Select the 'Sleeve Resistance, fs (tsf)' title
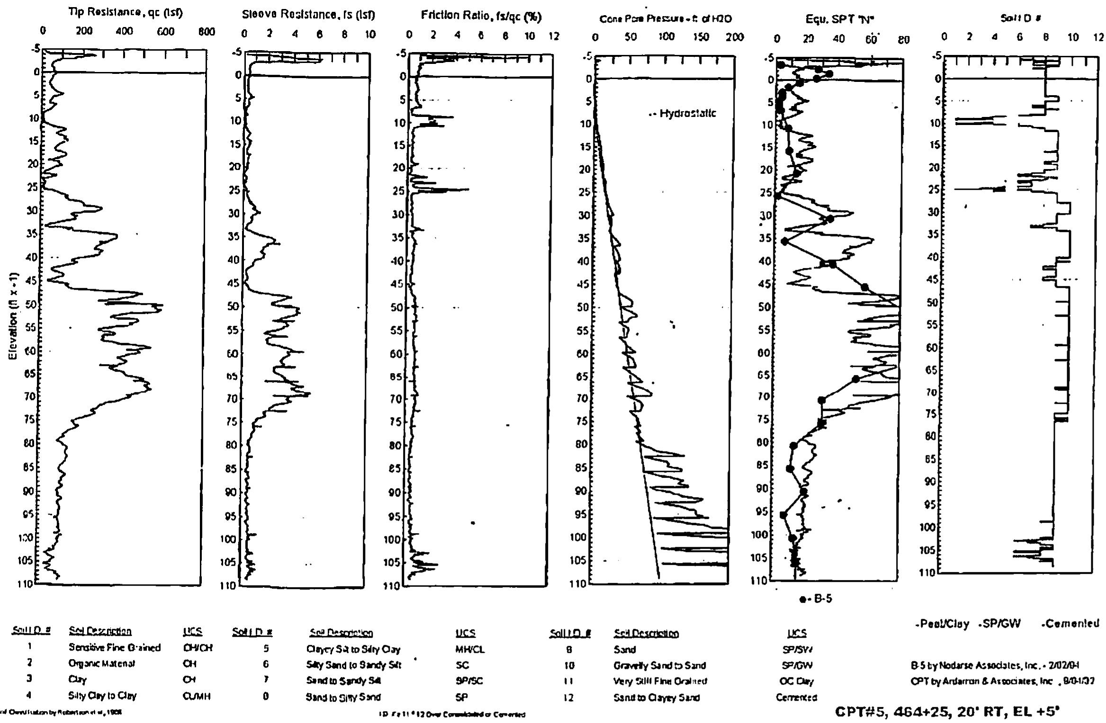pos(308,15)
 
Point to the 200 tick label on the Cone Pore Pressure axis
pos(734,37)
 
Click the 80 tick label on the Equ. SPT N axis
pos(904,39)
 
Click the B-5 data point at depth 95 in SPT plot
pos(783,515)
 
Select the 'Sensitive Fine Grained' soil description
pos(115,648)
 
